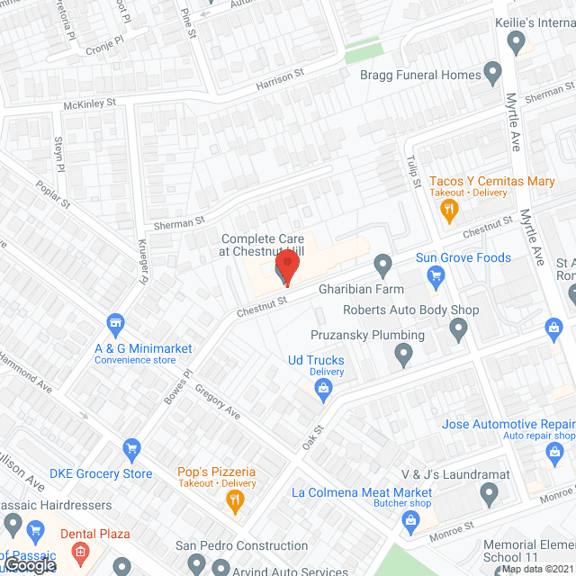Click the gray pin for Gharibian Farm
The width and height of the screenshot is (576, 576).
[383, 265]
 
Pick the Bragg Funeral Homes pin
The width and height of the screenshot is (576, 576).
[492, 71]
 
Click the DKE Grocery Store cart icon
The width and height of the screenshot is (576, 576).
[132, 448]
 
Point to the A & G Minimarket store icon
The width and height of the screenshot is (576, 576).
[114, 322]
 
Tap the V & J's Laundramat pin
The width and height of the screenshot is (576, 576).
[489, 493]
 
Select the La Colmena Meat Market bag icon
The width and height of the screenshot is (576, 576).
[411, 519]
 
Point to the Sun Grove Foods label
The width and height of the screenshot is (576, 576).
[463, 257]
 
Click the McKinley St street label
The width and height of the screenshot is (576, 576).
[90, 104]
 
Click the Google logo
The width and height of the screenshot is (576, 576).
[29, 564]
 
